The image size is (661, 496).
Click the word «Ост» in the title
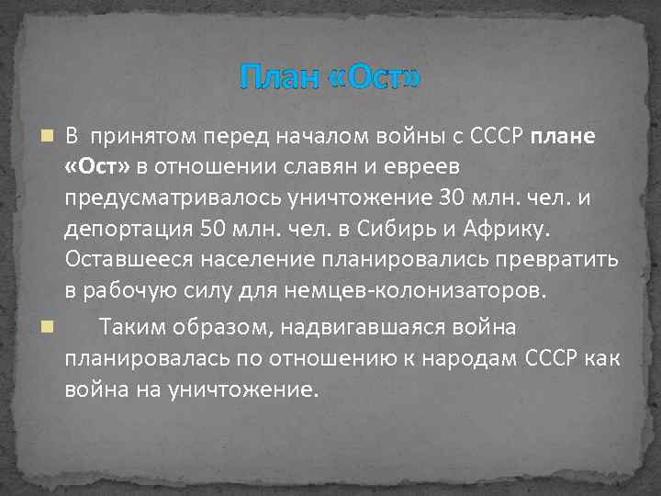pos(375,78)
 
